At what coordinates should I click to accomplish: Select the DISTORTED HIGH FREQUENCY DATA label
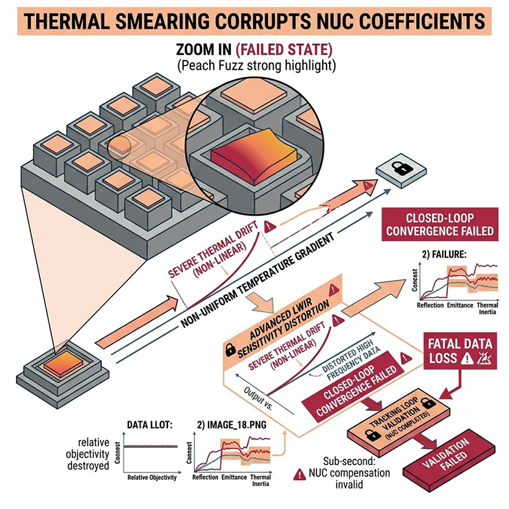point(345,344)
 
